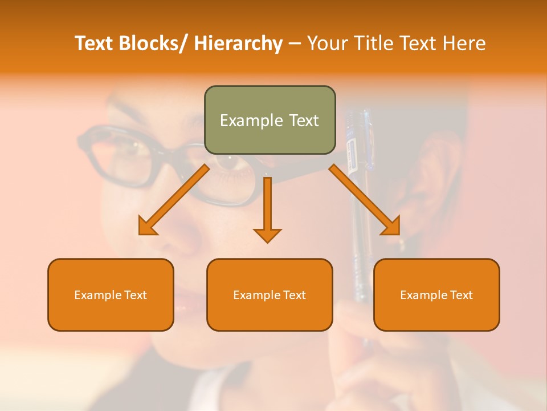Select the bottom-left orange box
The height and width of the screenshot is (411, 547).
(111, 311)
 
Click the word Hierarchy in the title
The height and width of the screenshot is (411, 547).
(238, 43)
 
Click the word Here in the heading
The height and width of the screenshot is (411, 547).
(464, 43)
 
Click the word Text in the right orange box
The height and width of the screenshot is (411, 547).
(461, 295)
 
